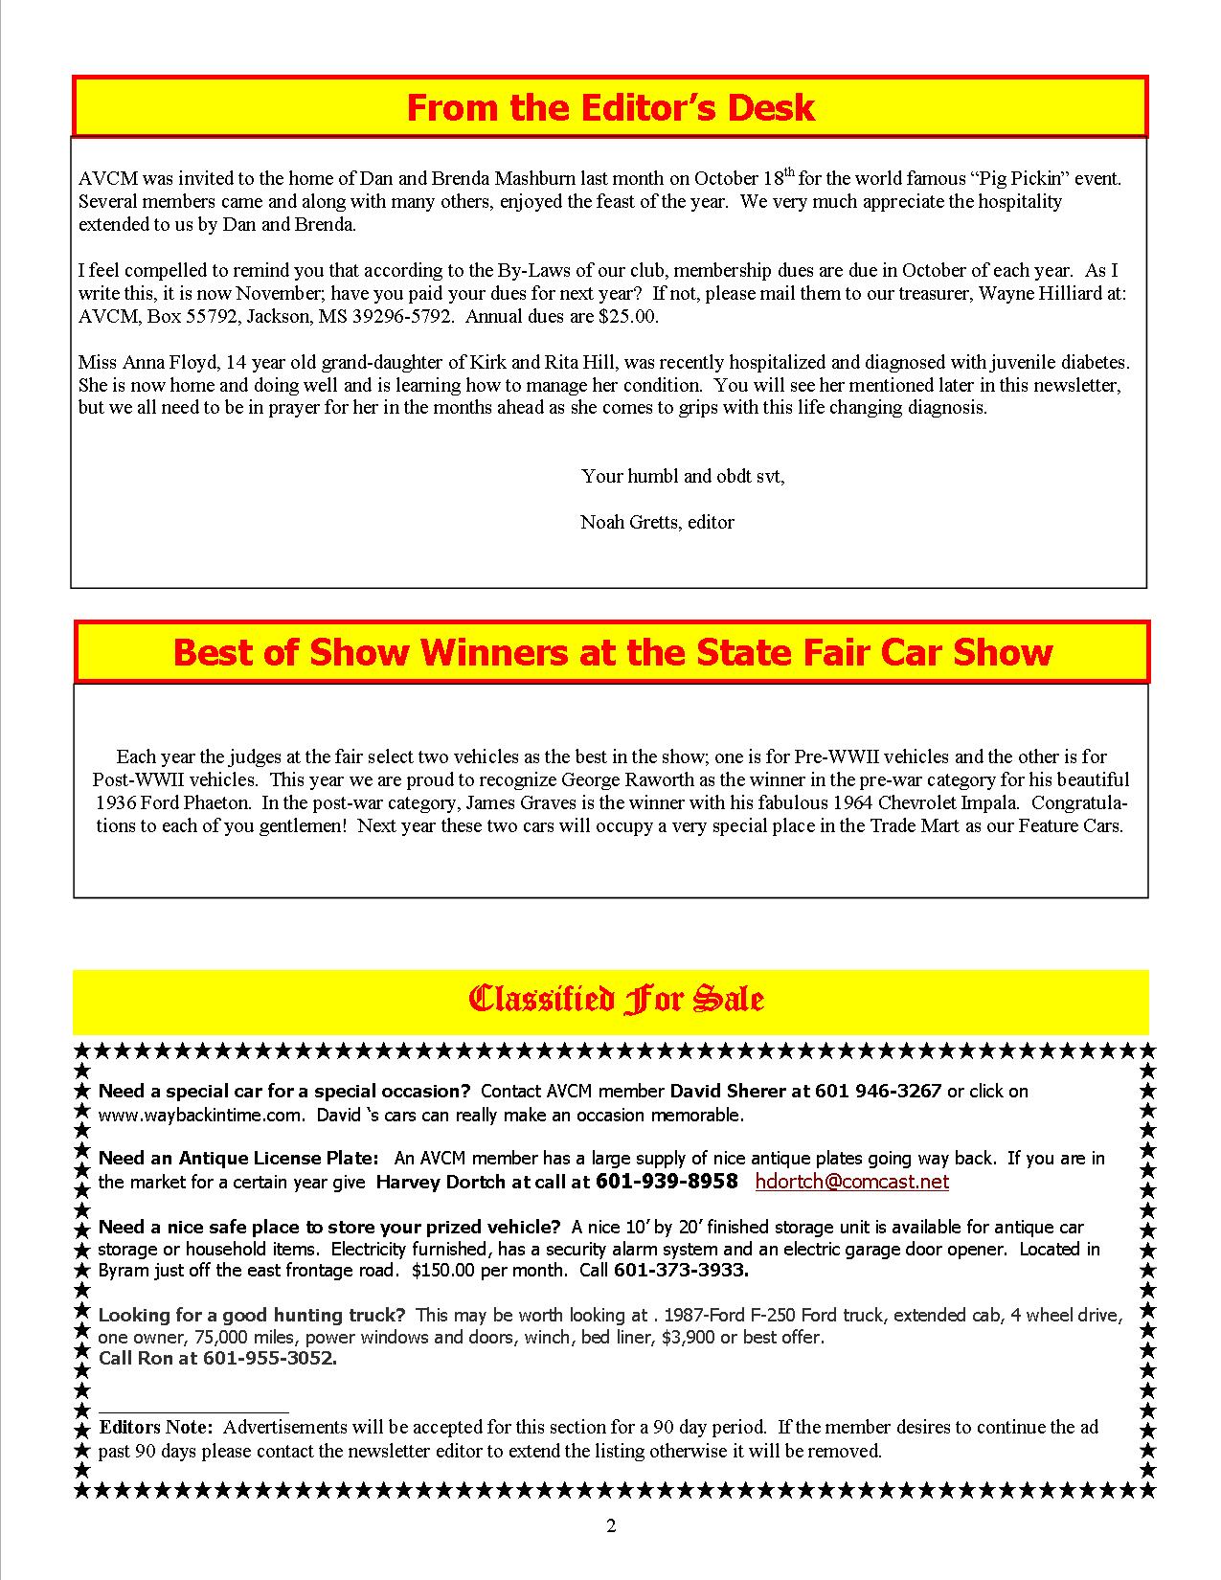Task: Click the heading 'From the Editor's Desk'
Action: [x=610, y=107]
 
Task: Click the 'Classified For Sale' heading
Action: [x=615, y=1000]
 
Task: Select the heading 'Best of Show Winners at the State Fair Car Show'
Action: [x=612, y=652]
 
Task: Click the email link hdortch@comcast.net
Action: [x=851, y=1182]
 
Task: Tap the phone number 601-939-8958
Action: [x=667, y=1182]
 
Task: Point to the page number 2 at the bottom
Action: [x=611, y=1525]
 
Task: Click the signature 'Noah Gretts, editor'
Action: [x=657, y=522]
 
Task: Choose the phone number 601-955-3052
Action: [x=270, y=1358]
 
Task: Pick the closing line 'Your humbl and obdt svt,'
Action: [x=683, y=476]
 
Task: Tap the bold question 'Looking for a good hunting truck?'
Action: [x=252, y=1315]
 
